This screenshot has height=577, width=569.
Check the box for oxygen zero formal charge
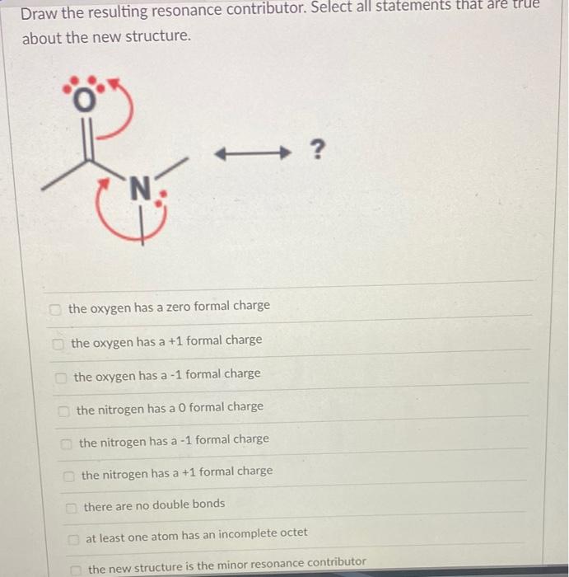tap(55, 308)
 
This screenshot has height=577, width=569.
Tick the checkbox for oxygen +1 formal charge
tap(58, 342)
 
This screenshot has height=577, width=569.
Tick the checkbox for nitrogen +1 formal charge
tap(69, 476)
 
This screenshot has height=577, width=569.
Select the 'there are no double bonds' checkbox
tap(72, 505)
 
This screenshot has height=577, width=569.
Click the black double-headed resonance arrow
tap(250, 152)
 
